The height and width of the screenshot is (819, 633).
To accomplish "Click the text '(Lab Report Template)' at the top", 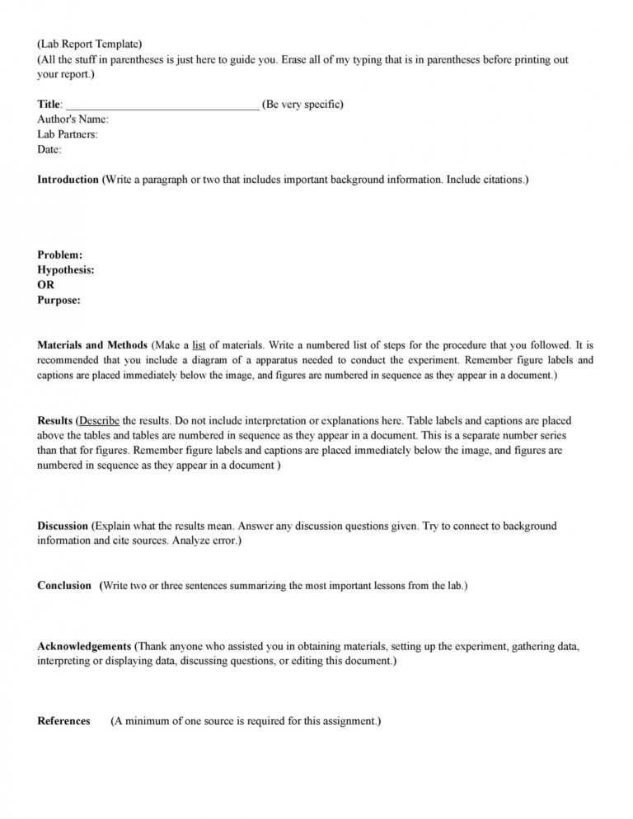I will [x=89, y=44].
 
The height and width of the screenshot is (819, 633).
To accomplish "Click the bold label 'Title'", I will [x=49, y=105].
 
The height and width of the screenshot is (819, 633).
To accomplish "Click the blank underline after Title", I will [x=162, y=105].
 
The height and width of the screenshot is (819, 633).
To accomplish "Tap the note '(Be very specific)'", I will [x=302, y=105].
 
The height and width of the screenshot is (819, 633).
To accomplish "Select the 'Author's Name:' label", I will [x=73, y=119].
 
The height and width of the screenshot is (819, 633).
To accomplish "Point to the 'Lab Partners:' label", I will [x=68, y=134].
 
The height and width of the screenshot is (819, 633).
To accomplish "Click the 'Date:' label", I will [x=49, y=150].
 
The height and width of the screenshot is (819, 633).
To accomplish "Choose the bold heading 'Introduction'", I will [x=68, y=180].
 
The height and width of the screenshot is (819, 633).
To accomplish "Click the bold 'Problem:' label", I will [x=59, y=255].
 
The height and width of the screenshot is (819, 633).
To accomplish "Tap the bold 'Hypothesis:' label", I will [x=66, y=270].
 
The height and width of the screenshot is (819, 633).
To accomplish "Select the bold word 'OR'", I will [x=46, y=285].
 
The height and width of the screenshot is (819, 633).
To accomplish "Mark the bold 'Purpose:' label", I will [x=59, y=301].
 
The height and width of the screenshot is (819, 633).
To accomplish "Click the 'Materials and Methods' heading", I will [x=92, y=345].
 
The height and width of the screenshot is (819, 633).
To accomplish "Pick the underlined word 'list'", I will [x=199, y=345].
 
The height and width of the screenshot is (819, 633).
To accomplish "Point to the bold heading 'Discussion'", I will [x=63, y=526].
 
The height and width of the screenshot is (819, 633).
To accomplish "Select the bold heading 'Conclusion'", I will [x=64, y=586].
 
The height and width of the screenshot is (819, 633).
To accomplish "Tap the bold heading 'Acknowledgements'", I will [x=84, y=647].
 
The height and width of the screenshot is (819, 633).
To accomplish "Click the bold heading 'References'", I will [x=63, y=721].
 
